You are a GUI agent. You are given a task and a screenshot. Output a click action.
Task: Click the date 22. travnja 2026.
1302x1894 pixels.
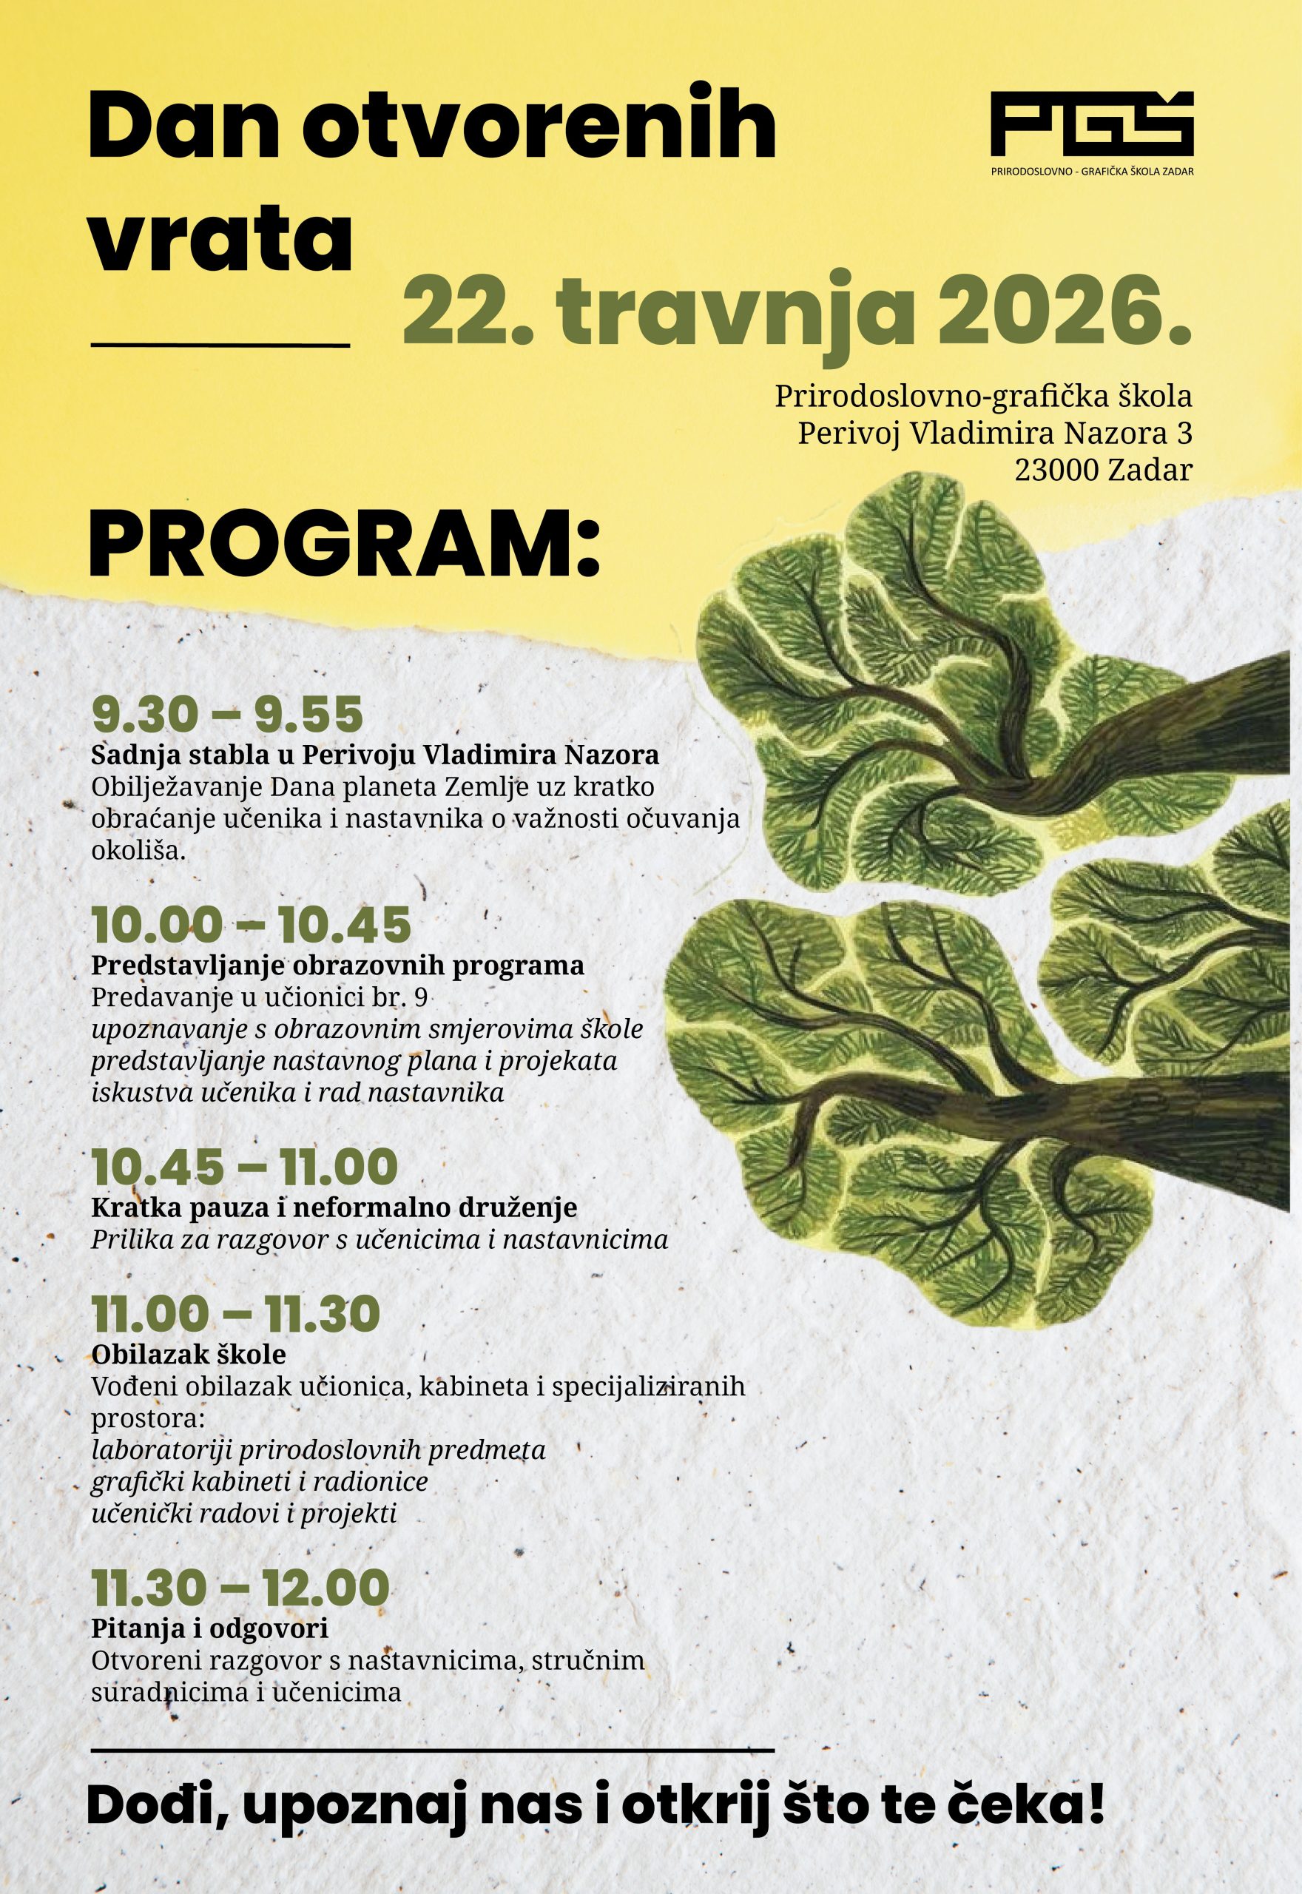tap(797, 311)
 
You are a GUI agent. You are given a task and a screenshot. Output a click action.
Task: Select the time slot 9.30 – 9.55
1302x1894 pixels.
tap(227, 715)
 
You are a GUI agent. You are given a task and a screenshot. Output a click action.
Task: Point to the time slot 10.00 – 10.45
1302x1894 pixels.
tap(252, 925)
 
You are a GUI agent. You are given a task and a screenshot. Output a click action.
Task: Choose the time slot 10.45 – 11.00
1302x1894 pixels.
tap(244, 1168)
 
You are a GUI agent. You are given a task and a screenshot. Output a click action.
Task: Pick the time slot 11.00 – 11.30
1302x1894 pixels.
tap(236, 1314)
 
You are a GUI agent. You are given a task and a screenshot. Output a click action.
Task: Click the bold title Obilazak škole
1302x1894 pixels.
tap(189, 1355)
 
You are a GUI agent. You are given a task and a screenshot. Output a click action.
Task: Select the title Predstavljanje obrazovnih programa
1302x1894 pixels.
tap(338, 965)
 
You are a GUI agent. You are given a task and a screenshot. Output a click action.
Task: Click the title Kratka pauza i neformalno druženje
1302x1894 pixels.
tap(334, 1207)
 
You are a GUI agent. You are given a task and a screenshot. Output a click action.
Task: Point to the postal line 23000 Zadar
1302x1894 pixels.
tap(1103, 470)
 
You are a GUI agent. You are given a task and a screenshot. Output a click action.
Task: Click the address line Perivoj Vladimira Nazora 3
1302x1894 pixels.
tap(994, 433)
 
